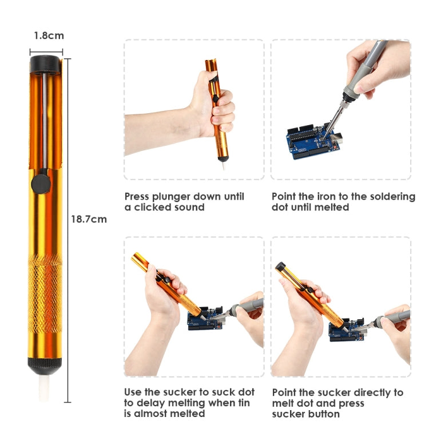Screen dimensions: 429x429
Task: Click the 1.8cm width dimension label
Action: pyautogui.click(x=48, y=35)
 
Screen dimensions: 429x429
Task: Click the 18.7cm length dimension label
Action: pyautogui.click(x=89, y=219)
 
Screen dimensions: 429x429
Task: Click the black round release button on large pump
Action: pyautogui.click(x=40, y=184)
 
